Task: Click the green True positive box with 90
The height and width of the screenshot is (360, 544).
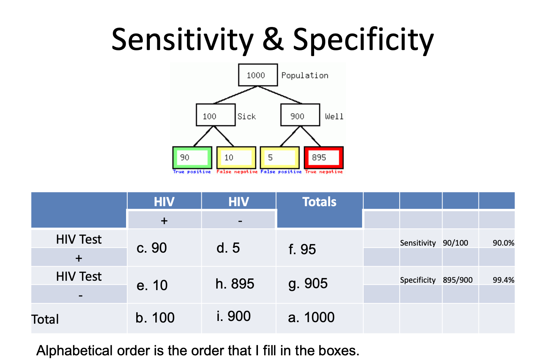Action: (x=192, y=158)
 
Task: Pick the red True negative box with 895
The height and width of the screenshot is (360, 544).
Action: (x=324, y=158)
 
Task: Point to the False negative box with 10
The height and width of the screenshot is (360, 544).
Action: (x=236, y=158)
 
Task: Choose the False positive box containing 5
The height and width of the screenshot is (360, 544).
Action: (x=280, y=158)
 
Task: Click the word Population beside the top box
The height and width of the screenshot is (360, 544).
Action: (x=305, y=75)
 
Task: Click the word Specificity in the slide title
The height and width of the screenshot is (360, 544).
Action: (x=363, y=40)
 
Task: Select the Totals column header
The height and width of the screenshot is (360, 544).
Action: (x=319, y=202)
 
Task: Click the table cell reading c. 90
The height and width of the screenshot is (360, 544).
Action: (x=152, y=248)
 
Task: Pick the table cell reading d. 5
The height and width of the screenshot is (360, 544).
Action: (x=228, y=248)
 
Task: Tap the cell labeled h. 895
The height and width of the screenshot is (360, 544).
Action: (x=235, y=284)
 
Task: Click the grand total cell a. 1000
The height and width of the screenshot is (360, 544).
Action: (x=311, y=317)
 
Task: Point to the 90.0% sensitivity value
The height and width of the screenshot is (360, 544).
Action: (x=503, y=243)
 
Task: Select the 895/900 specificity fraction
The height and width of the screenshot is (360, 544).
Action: (x=457, y=280)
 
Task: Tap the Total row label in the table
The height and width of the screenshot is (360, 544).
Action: (x=45, y=319)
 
